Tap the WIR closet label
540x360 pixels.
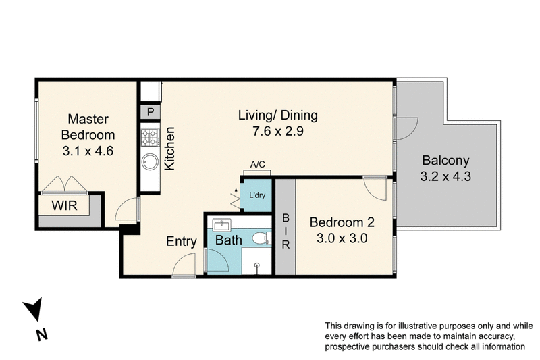pos(65,205)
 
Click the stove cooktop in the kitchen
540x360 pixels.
pos(149,138)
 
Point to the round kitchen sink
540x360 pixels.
pos(149,163)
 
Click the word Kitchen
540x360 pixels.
pos(171,149)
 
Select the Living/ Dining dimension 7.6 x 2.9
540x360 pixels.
pos(277,132)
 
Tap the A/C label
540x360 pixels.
pos(257,164)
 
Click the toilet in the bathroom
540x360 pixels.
pos(260,238)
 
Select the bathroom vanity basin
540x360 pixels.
pos(221,225)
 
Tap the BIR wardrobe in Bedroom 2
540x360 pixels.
pos(286,232)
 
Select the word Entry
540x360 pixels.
pos(182,241)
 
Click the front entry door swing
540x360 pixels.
pos(184,267)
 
